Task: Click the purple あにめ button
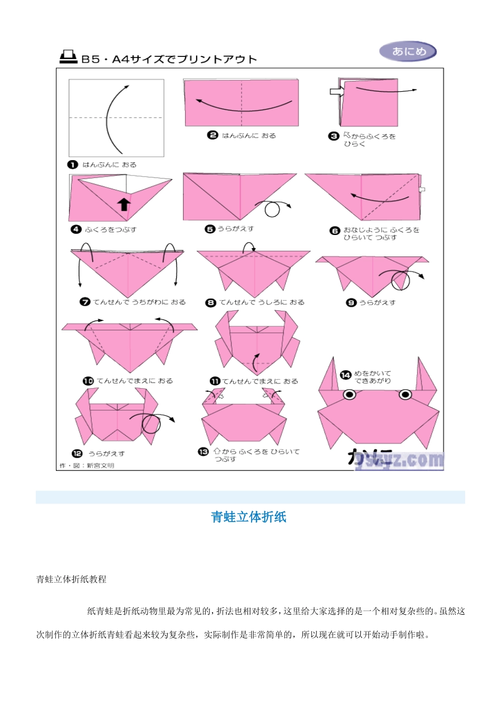point(408,52)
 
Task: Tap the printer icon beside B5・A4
point(68,57)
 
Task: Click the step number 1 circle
point(73,165)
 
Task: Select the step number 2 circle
point(213,135)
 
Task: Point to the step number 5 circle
point(210,229)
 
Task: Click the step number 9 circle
point(351,302)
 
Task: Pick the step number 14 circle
point(345,375)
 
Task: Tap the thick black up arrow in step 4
point(124,204)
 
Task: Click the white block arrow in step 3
point(336,92)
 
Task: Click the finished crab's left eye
point(349,395)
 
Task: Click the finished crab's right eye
point(405,395)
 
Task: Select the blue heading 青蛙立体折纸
point(248,517)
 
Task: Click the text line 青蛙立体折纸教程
point(71,579)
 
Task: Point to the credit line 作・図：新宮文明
point(87,466)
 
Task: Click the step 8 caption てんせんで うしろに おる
point(262,302)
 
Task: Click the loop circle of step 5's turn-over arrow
point(272,210)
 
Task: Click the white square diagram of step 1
point(117,118)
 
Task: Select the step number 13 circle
point(203,452)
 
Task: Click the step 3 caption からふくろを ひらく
point(369,140)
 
